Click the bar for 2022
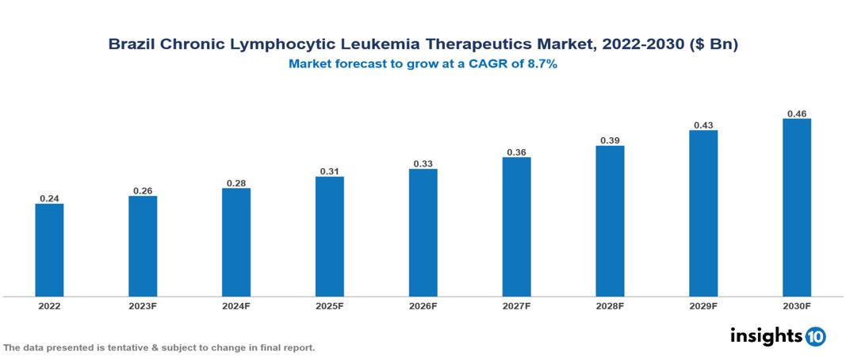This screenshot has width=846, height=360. coord(49,250)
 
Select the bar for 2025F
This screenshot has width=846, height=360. coord(329,236)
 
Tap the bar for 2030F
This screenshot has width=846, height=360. coord(797,208)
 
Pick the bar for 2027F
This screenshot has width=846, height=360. coord(516,227)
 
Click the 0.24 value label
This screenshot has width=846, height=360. coord(49,198)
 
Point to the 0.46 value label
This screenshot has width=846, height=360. coord(797,113)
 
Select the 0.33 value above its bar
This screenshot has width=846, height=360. coord(423,163)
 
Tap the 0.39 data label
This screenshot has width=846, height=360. coord(610,140)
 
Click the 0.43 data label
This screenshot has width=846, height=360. coord(703,124)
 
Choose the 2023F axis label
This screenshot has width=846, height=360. coord(143,305)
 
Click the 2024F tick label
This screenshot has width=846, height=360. coord(236,305)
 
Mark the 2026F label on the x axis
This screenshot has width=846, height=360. coord(423,305)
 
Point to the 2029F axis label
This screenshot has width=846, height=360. coord(703,305)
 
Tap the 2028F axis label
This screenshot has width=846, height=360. coord(610,305)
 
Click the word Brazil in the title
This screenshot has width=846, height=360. coord(132,45)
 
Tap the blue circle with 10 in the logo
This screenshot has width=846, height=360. coord(816,336)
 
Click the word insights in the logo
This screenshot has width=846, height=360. coord(766,335)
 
